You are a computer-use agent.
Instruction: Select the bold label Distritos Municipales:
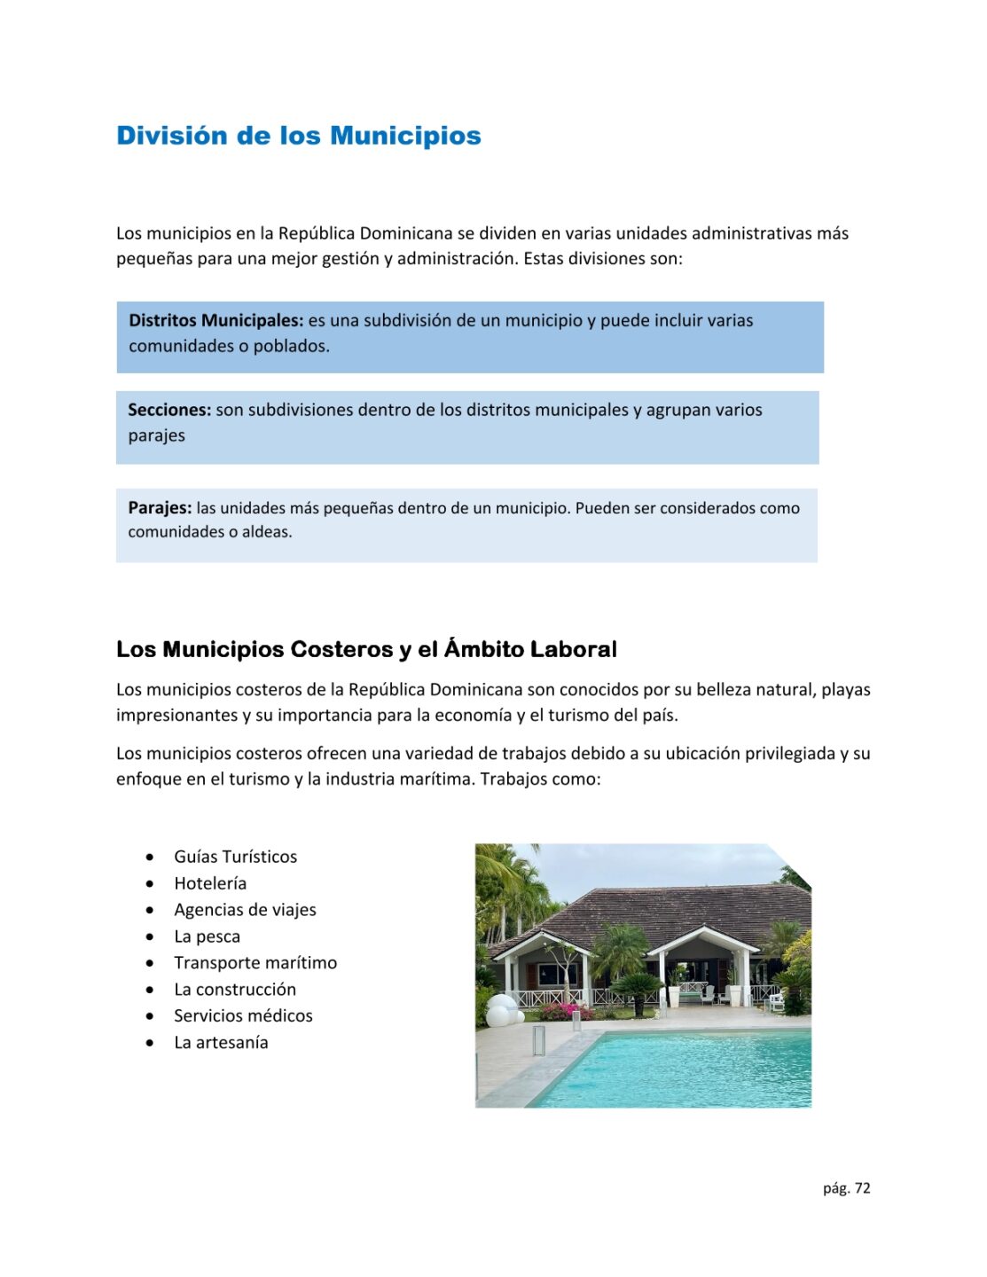(215, 320)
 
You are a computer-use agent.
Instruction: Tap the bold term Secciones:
(169, 410)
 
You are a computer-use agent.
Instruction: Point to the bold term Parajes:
(160, 508)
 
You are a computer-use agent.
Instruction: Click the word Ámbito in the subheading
(484, 649)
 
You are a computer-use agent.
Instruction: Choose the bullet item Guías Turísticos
(235, 857)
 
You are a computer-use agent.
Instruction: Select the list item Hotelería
(210, 883)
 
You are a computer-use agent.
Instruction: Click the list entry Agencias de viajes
(245, 910)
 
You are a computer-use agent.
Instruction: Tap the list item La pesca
(207, 936)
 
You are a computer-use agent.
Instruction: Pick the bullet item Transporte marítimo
(255, 963)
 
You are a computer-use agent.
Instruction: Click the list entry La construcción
(235, 990)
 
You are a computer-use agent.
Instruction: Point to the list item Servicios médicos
(243, 1016)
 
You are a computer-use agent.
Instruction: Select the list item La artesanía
(221, 1043)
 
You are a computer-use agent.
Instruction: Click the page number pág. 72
(846, 1188)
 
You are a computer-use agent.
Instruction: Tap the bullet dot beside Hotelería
(151, 884)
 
